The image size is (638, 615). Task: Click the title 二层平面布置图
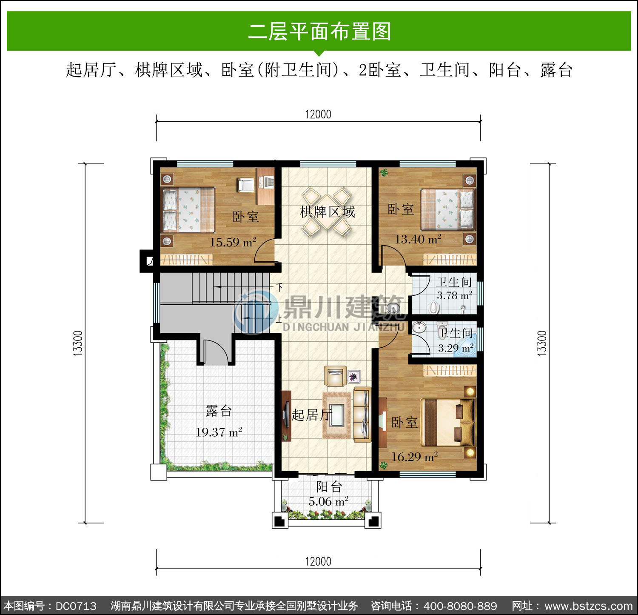click(x=319, y=31)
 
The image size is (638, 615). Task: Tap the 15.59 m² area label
click(x=233, y=242)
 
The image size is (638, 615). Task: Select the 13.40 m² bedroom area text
click(x=418, y=239)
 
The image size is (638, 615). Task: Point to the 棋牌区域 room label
click(x=328, y=212)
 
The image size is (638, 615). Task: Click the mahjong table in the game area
click(x=327, y=212)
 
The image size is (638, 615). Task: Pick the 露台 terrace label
click(x=219, y=411)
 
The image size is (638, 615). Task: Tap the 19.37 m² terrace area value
click(x=219, y=432)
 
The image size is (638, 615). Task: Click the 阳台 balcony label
click(x=329, y=486)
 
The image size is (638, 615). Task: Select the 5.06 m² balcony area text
click(x=328, y=501)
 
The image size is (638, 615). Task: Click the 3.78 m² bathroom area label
click(x=454, y=295)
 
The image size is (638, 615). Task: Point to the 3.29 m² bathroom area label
click(x=456, y=348)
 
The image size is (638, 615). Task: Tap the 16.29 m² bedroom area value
click(x=414, y=457)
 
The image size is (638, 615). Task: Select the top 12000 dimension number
click(x=318, y=114)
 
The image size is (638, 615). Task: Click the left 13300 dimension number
click(x=78, y=343)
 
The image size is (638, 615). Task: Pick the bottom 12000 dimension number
click(x=318, y=561)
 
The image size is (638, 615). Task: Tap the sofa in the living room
click(x=362, y=415)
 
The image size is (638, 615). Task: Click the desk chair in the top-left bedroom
click(x=246, y=184)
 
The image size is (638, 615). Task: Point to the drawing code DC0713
click(x=76, y=606)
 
